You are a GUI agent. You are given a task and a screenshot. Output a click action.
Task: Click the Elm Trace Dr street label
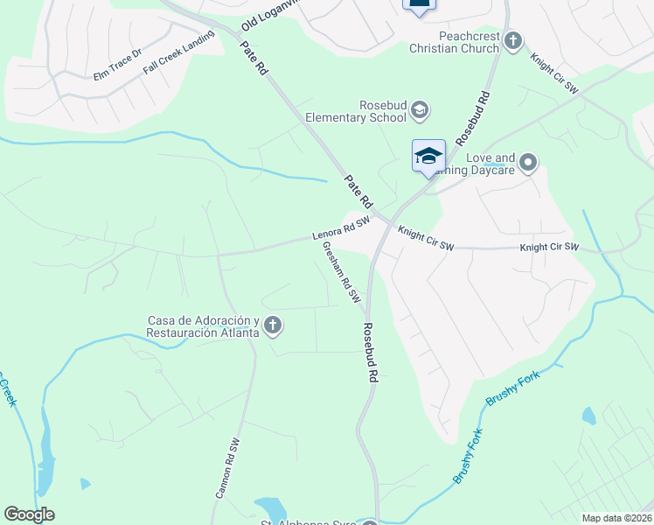click(117, 71)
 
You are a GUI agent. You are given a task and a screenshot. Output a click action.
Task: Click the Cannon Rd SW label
click(227, 468)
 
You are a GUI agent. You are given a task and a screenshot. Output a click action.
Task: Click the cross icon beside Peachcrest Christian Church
click(513, 40)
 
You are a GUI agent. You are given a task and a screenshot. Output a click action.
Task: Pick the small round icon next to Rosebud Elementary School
click(420, 109)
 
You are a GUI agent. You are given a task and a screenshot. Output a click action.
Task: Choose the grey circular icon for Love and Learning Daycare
click(528, 163)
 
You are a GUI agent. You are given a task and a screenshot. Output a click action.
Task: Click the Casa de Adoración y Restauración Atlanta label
click(203, 326)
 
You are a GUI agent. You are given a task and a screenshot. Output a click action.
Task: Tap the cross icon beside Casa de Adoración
click(273, 326)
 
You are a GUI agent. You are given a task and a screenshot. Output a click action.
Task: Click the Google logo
click(29, 514)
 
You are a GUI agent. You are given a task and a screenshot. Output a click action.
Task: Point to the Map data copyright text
click(617, 518)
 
